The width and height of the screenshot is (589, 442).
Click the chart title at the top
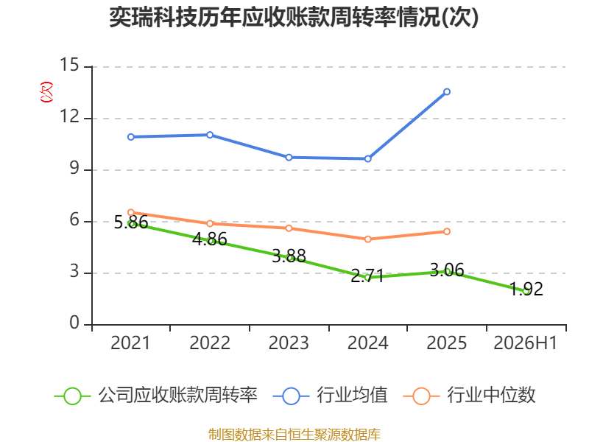294,17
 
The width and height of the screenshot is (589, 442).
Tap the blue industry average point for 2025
447,91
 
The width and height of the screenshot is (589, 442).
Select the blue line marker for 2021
131,137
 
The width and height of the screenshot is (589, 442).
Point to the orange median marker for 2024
367,239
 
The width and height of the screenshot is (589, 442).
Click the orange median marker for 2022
210,224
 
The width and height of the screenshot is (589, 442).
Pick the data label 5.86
131,222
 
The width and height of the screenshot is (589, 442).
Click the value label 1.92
526,289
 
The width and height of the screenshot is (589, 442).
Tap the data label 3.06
447,270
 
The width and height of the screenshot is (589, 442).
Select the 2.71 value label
367,276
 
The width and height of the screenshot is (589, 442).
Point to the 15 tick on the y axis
69,65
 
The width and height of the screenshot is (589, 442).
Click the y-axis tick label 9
74,168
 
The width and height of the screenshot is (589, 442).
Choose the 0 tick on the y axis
74,323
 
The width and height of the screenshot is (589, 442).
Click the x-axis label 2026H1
526,343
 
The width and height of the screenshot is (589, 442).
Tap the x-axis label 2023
289,343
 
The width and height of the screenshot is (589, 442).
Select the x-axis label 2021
130,343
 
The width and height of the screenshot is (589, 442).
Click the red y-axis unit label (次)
46,92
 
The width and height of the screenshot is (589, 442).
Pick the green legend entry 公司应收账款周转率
156,396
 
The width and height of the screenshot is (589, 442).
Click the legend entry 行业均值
330,396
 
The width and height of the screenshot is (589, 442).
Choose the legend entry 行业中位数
469,396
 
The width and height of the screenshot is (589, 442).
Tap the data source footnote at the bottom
294,435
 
